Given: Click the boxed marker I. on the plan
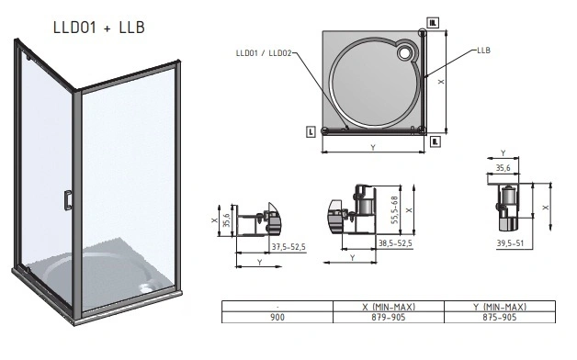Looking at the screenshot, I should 312,132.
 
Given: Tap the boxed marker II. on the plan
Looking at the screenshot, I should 436,141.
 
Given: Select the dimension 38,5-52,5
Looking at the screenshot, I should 396,244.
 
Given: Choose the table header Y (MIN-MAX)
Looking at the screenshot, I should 500,306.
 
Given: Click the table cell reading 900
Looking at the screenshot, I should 277,317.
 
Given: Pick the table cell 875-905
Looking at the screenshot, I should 500,317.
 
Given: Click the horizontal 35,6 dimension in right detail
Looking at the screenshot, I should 502,168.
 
